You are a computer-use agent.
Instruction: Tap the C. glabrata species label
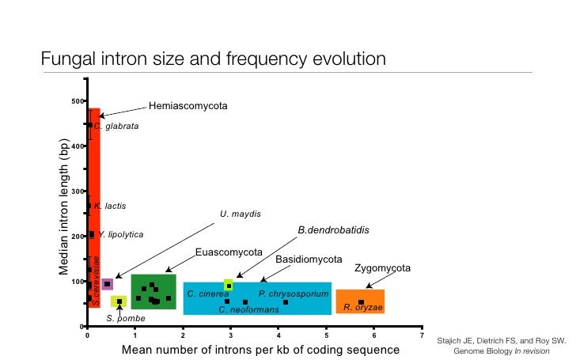point(117,126)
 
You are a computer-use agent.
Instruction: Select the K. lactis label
point(110,206)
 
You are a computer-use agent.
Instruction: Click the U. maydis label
point(241,214)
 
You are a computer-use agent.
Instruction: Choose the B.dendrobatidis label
point(333,230)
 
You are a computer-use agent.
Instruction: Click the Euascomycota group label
point(229,252)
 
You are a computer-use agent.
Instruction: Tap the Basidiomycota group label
point(309,260)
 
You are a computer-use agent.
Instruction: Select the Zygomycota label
point(383,268)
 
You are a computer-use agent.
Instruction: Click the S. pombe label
point(126,318)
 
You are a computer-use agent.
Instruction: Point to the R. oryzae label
point(363,307)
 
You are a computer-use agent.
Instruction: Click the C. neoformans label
point(248,309)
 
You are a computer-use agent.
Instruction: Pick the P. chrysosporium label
point(294,294)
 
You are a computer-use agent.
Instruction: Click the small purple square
point(107,284)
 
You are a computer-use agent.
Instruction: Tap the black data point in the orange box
point(361,301)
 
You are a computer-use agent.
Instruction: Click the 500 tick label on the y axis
point(77,101)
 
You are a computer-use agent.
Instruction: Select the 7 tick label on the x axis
point(422,335)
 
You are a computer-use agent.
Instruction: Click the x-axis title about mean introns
point(260,350)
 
